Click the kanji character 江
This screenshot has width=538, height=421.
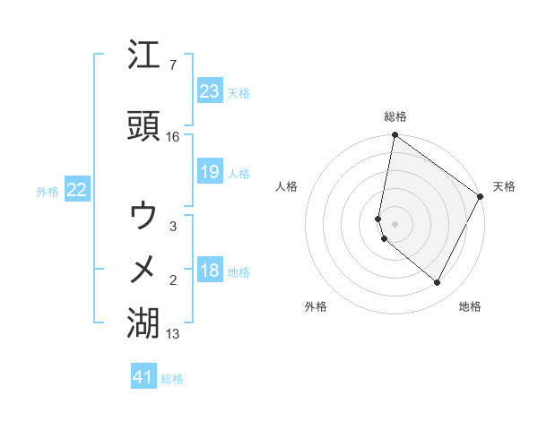(x=144, y=56)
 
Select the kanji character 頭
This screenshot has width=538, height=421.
(x=144, y=127)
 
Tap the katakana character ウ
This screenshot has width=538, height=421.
(x=144, y=215)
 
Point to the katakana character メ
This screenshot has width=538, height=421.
(x=144, y=269)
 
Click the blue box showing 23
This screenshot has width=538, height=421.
(x=209, y=91)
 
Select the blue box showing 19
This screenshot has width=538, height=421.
(x=209, y=172)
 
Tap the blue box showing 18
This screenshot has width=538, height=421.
(x=209, y=271)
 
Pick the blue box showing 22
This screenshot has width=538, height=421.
(x=77, y=190)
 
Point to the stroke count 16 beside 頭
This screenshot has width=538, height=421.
(x=173, y=137)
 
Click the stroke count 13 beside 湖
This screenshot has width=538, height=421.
(x=173, y=334)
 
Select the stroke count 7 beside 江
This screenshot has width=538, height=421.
(x=173, y=65)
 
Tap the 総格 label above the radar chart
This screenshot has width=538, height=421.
(x=395, y=116)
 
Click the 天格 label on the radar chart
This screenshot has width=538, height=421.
(x=504, y=186)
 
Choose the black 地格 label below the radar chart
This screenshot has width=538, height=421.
(x=470, y=306)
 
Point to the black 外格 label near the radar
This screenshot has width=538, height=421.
(x=316, y=306)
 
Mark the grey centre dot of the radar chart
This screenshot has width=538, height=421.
(x=395, y=224)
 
